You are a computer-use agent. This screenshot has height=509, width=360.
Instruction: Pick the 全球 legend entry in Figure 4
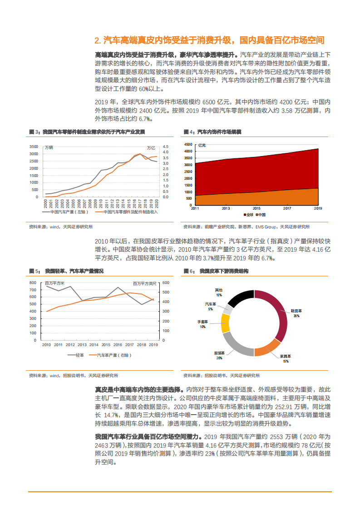pyautogui.click(x=248, y=215)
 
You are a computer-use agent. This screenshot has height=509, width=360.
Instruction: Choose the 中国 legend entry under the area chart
pyautogui.click(x=261, y=215)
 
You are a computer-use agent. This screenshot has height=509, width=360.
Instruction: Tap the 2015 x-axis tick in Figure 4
pyautogui.click(x=256, y=208)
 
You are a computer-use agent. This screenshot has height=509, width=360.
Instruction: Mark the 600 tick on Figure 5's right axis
pyautogui.click(x=166, y=283)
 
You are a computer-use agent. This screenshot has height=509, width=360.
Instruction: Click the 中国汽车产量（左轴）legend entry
pyautogui.click(x=62, y=212)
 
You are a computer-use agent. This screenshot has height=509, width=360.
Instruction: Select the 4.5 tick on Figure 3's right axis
pyautogui.click(x=165, y=147)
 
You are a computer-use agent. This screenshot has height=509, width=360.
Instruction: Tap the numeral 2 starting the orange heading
pyautogui.click(x=97, y=41)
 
